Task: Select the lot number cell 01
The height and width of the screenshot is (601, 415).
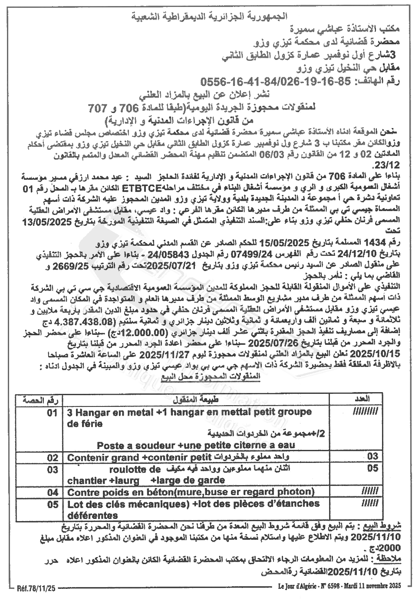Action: tap(53, 413)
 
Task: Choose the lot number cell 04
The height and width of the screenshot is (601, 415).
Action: tap(53, 492)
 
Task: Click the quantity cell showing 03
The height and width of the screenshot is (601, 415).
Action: tap(372, 457)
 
